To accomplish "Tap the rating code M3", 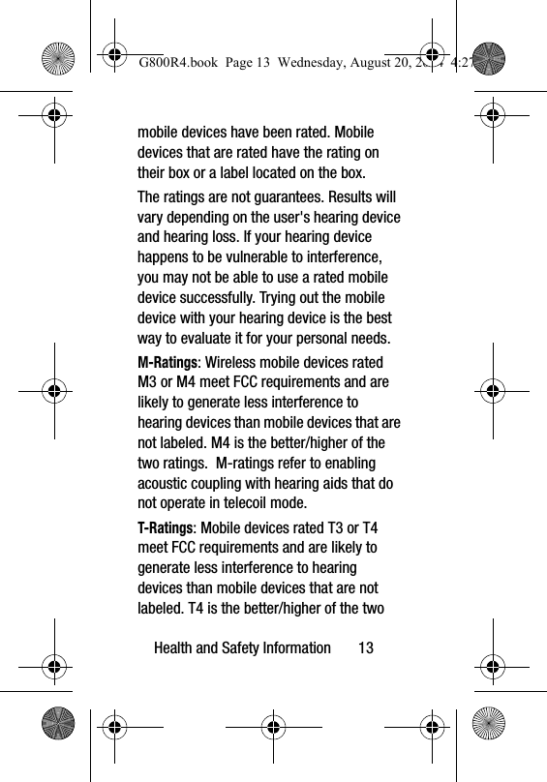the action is (148, 382).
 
